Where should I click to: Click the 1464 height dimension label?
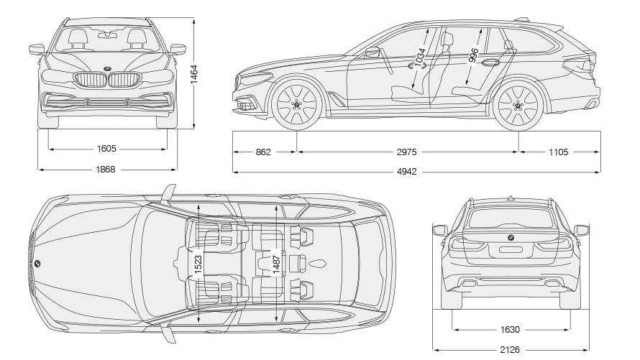[x=194, y=73]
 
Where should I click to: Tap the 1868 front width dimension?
[x=106, y=170]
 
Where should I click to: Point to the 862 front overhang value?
[x=263, y=152]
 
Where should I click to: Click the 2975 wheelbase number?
[x=406, y=152]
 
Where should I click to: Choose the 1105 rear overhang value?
[x=558, y=152]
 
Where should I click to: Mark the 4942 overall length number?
[x=406, y=172]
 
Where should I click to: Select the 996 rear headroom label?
[x=473, y=56]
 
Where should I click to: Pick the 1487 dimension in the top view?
[x=276, y=264]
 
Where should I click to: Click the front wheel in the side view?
[x=297, y=105]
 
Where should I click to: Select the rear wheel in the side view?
[x=518, y=105]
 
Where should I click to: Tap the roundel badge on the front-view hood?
[x=106, y=69]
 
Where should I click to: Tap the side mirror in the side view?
[x=373, y=52]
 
